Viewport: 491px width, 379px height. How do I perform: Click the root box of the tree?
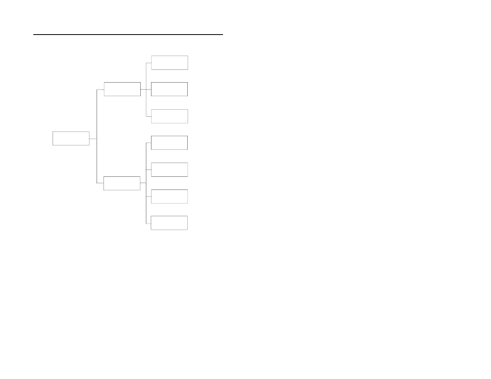point(71,138)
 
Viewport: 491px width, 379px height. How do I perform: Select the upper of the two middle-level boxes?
point(122,89)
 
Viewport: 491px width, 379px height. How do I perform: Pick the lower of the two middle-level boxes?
point(122,183)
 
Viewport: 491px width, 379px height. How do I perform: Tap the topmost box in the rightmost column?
point(169,63)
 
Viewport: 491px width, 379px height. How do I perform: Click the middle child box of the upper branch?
point(169,89)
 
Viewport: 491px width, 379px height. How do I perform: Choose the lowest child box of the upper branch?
point(169,116)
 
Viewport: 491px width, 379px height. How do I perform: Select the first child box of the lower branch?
point(169,143)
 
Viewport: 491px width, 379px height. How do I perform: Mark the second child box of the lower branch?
point(169,170)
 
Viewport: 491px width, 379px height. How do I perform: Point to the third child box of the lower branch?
point(169,197)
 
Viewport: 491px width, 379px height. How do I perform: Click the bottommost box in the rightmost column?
point(169,223)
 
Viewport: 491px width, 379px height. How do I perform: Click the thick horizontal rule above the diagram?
point(128,35)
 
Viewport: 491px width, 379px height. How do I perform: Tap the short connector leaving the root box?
point(93,139)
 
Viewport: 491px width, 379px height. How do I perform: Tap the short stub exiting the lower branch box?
point(143,183)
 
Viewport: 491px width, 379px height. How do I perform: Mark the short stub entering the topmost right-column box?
point(149,63)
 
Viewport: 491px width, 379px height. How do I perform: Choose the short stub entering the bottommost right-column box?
point(148,223)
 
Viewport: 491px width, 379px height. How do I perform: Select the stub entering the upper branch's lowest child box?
point(149,116)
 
